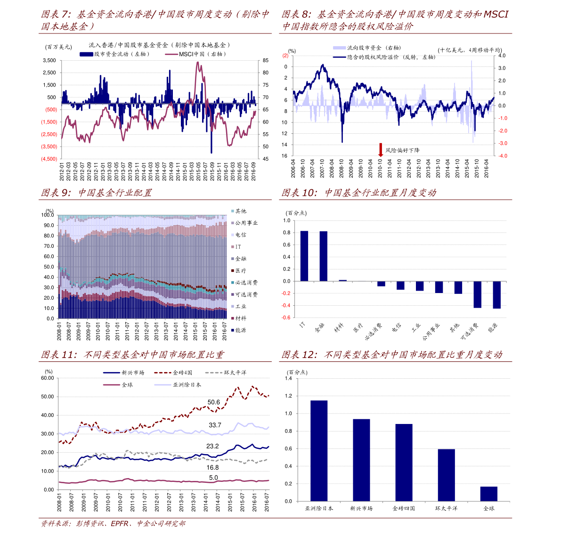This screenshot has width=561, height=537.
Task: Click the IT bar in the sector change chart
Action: pyautogui.click(x=304, y=256)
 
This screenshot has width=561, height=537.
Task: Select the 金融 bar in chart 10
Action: pyautogui.click(x=323, y=256)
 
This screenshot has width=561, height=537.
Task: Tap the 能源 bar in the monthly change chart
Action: pyautogui.click(x=496, y=295)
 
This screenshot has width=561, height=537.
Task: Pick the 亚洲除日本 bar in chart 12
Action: pyautogui.click(x=319, y=450)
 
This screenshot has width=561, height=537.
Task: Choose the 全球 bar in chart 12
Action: pyautogui.click(x=488, y=494)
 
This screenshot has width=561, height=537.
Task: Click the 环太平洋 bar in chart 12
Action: pyautogui.click(x=446, y=475)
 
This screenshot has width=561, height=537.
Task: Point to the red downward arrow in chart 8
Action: pyautogui.click(x=381, y=150)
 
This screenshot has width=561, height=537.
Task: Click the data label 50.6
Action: pyautogui.click(x=214, y=402)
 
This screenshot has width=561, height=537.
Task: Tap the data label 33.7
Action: pyautogui.click(x=215, y=425)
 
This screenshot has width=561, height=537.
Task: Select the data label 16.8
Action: pyautogui.click(x=212, y=468)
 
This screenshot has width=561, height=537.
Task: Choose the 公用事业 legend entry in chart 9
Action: pyautogui.click(x=246, y=223)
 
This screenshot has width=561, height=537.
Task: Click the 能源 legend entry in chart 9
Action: pyautogui.click(x=240, y=330)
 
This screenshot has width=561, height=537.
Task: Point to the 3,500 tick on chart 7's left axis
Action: pyautogui.click(x=49, y=61)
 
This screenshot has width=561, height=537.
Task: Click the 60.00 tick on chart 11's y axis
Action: pyautogui.click(x=48, y=378)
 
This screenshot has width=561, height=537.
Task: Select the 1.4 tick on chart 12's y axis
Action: pyautogui.click(x=288, y=379)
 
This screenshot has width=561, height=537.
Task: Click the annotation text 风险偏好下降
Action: pyautogui.click(x=402, y=150)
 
